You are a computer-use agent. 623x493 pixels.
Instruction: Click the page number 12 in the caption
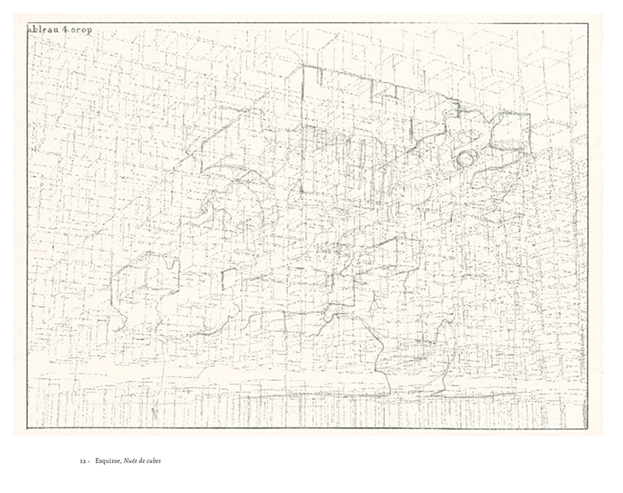click(82, 460)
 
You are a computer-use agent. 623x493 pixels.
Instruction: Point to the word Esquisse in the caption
click(109, 460)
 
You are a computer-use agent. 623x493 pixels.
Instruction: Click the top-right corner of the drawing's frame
click(587, 23)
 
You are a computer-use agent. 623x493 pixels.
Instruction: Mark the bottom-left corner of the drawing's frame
click(27, 428)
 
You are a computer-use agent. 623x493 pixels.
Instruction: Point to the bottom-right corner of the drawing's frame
click(587, 428)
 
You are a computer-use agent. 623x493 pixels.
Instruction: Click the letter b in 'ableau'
click(34, 30)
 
